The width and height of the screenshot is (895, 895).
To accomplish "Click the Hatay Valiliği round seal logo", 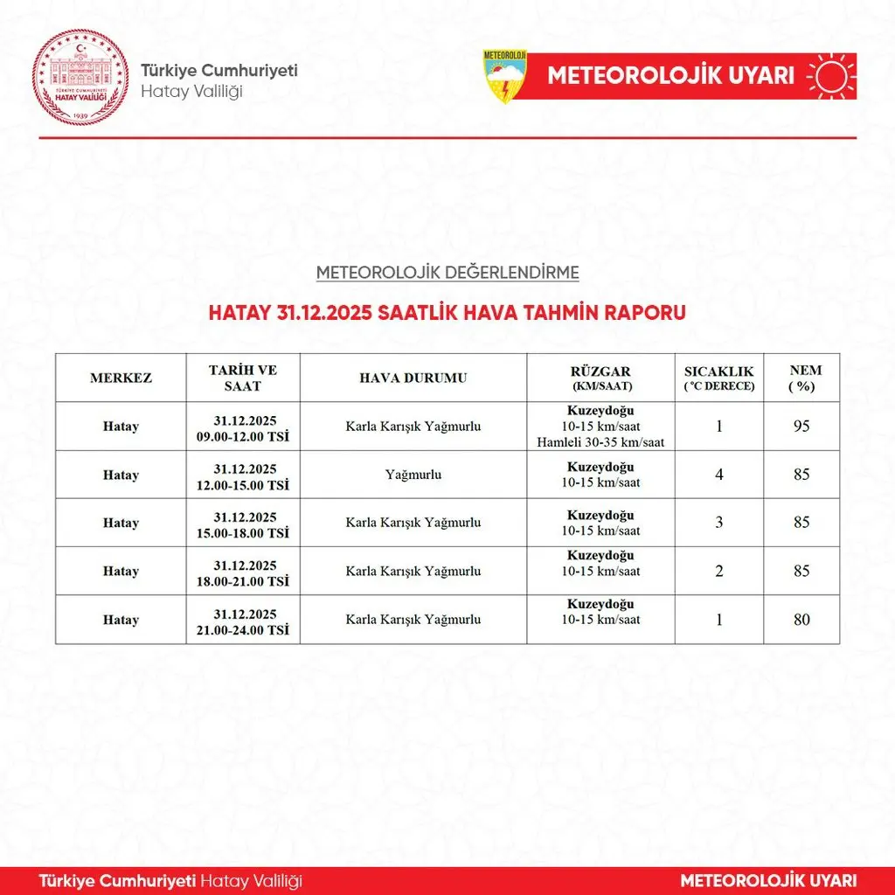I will [x=80, y=78].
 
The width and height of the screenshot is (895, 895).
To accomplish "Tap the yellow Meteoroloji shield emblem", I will [x=505, y=76].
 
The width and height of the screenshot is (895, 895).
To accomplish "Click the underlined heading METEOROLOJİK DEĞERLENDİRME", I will [x=447, y=273].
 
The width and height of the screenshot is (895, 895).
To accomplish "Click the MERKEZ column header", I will [x=121, y=378].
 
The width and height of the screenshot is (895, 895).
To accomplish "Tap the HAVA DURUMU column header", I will [x=413, y=378].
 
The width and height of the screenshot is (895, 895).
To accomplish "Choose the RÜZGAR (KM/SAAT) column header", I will [x=601, y=378].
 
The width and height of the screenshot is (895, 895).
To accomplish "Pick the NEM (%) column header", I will [x=804, y=378].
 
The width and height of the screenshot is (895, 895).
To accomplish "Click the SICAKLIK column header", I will [x=718, y=378].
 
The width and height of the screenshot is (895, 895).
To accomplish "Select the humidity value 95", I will [x=801, y=427].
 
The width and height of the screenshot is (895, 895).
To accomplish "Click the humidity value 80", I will [x=801, y=620].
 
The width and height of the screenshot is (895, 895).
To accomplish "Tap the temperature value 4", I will [x=719, y=475].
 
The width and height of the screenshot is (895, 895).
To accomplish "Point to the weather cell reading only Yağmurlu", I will [x=413, y=475].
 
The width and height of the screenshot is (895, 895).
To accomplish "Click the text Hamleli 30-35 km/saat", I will [x=601, y=442].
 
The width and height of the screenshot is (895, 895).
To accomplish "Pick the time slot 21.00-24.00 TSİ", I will [x=244, y=629].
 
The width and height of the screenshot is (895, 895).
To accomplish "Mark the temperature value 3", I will [x=719, y=523].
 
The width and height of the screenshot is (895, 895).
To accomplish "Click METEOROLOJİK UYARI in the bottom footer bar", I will [x=768, y=880].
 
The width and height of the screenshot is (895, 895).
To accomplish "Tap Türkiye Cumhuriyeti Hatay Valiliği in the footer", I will [x=170, y=880].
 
